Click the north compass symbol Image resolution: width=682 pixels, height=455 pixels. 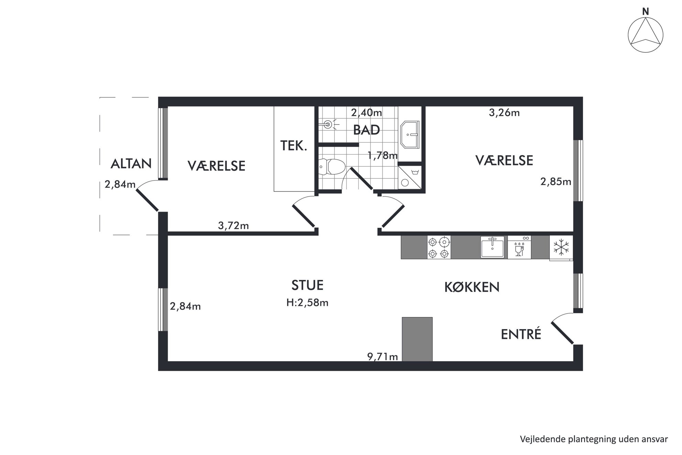(646, 35)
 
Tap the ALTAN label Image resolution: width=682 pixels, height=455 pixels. (131, 164)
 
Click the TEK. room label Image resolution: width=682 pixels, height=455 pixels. (294, 146)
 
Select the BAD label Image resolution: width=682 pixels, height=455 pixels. (366, 130)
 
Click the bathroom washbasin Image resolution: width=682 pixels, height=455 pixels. (410, 134)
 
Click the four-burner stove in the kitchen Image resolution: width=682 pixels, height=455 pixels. (439, 247)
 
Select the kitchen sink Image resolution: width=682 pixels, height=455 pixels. (492, 247)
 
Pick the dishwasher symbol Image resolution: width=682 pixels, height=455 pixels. (519, 247)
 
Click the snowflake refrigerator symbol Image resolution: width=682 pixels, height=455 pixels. (561, 247)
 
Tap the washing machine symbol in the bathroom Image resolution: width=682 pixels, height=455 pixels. (410, 177)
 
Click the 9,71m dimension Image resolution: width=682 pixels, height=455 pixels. (382, 357)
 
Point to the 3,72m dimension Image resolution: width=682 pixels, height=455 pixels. (233, 226)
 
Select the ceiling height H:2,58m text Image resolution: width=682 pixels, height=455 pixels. (307, 303)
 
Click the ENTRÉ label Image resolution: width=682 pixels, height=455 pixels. (521, 334)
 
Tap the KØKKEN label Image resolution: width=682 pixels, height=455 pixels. (472, 287)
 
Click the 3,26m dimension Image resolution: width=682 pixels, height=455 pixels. (504, 112)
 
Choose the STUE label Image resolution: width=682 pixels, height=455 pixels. (307, 285)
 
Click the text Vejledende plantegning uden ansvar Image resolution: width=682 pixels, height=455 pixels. (594, 439)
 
